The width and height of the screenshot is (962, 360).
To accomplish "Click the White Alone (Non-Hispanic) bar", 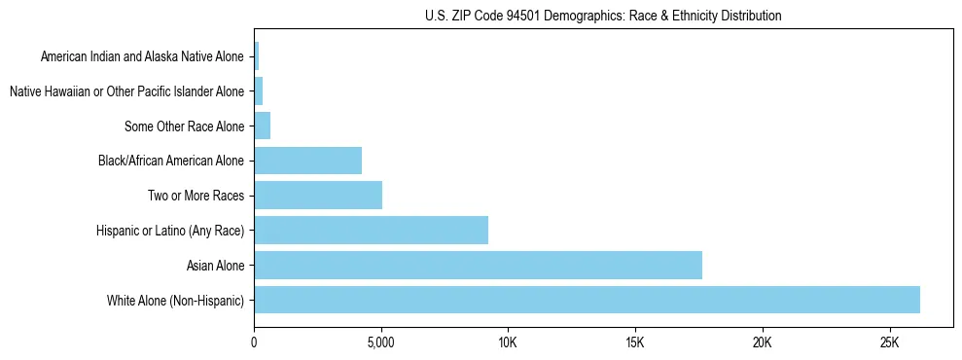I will (587, 300).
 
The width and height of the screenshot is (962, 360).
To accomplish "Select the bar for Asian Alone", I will (478, 265).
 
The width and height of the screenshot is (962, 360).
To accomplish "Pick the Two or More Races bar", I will (318, 196).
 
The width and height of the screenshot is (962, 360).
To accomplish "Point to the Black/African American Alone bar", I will (307, 161).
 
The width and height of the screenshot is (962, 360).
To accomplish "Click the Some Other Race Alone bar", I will (262, 126).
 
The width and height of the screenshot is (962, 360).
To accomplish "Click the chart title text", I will (603, 16).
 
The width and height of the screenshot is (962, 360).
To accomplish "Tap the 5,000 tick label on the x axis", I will (381, 343).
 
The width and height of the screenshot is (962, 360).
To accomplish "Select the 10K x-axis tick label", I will (508, 343).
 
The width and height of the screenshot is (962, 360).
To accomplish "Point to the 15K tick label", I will (635, 343).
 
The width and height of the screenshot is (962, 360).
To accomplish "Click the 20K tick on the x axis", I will (762, 343).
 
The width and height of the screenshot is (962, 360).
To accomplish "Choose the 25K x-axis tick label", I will (889, 343).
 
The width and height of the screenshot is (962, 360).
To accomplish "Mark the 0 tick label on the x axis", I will (254, 343).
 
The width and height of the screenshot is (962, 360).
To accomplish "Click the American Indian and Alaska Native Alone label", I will (142, 57).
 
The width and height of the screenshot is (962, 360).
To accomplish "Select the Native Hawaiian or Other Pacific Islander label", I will (126, 91).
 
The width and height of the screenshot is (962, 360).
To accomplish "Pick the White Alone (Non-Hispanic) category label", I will (176, 301).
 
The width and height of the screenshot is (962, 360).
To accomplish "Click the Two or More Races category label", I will (196, 197).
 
